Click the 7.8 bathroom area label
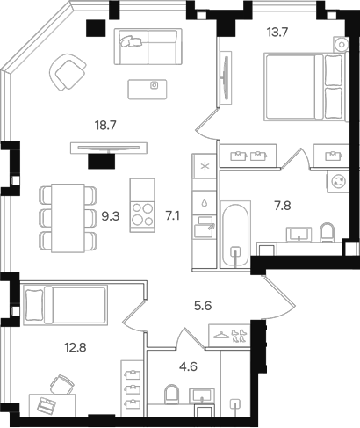point(284,205)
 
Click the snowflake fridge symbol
point(204,166)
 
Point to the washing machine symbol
point(336,180)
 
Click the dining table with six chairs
point(67,215)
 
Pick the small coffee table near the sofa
point(154,86)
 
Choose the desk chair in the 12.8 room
point(61,382)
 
